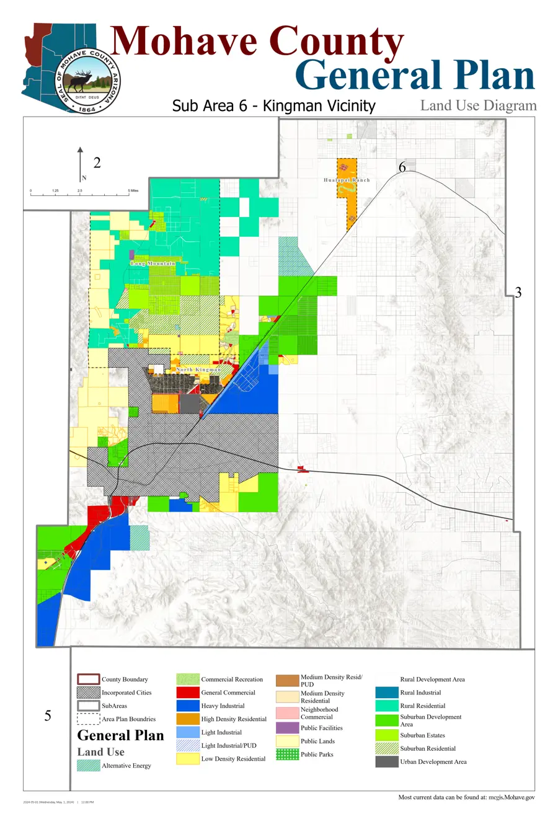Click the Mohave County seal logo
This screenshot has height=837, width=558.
[87, 81]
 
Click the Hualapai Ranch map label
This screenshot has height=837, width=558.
[347, 180]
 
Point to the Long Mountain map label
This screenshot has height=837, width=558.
[153, 263]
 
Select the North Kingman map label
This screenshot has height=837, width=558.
[198, 370]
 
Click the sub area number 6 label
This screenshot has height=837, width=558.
[402, 167]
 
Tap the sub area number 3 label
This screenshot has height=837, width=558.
[518, 293]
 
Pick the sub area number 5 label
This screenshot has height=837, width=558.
[48, 716]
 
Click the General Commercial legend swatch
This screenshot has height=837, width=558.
[188, 693]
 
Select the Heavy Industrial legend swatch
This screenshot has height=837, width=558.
[188, 706]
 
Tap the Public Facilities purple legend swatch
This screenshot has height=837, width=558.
[287, 728]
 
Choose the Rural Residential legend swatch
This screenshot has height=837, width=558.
[387, 706]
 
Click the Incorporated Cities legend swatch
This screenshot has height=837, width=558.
[88, 693]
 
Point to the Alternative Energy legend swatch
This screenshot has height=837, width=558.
[88, 766]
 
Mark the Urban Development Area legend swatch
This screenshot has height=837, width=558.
[387, 762]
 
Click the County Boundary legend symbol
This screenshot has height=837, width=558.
[88, 680]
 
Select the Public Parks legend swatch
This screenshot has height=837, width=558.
[287, 755]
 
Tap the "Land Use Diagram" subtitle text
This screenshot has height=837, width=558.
[478, 105]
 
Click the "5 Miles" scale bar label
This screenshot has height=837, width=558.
[133, 191]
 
